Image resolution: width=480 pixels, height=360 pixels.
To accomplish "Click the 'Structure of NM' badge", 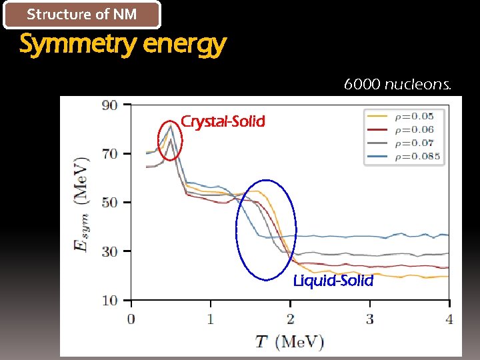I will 82,15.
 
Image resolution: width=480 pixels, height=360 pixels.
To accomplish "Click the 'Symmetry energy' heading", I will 123,45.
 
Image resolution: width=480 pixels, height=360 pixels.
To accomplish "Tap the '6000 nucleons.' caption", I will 397,85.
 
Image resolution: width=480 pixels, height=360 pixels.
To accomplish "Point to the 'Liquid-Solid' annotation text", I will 333,281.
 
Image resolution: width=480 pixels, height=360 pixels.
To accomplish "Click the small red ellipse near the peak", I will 170,139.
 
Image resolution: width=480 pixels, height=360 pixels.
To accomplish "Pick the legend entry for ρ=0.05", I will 403,116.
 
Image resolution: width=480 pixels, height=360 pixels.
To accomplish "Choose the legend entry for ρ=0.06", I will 403,129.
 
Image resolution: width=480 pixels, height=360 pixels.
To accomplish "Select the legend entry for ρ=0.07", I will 403,143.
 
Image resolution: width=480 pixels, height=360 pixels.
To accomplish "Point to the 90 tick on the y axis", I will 109,105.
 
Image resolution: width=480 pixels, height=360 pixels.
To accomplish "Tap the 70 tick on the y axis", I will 109,153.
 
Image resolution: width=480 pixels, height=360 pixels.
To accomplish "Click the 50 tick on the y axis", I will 109,202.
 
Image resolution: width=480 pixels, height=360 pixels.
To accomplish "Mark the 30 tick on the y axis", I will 109,251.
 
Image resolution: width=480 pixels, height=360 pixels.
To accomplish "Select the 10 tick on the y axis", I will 109,300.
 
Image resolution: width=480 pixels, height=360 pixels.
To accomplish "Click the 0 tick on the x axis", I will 131,319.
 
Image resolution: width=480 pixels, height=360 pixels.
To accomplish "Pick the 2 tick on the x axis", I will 290,319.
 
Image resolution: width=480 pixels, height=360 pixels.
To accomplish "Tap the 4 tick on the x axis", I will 449,319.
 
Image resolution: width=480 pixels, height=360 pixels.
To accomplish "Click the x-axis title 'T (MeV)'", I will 290,342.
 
